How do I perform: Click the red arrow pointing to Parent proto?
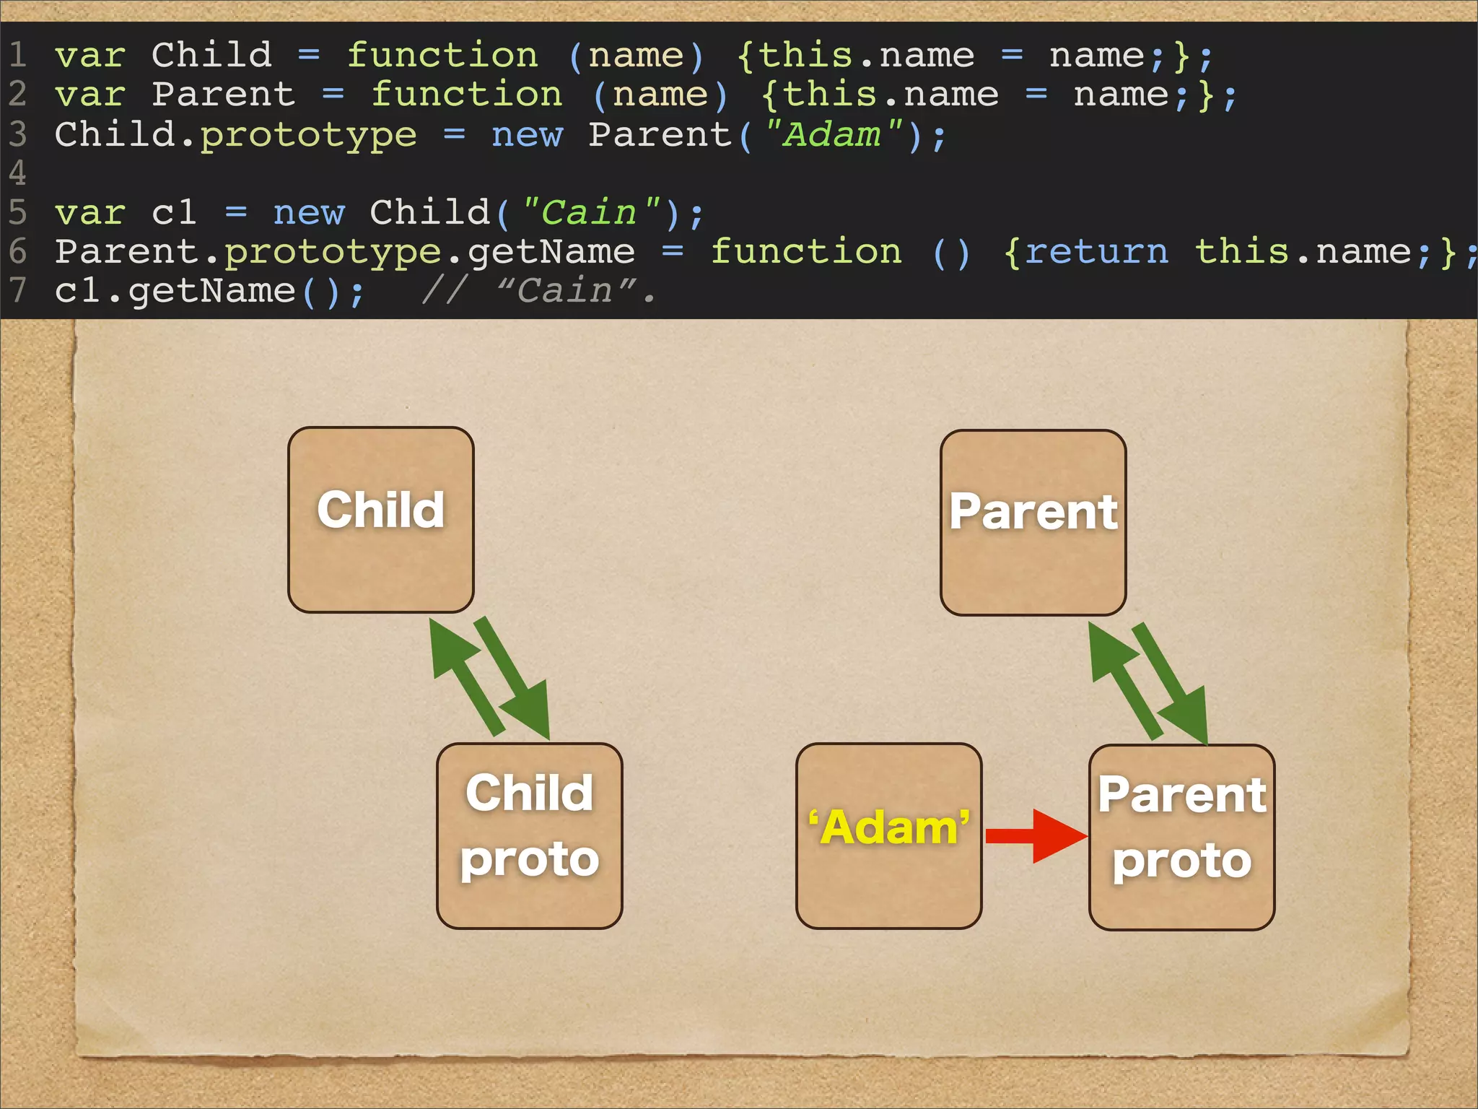[x=1036, y=836]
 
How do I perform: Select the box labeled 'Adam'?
[x=888, y=835]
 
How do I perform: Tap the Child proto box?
[x=529, y=835]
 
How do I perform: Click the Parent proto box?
[x=1181, y=837]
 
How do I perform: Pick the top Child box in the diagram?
[x=380, y=519]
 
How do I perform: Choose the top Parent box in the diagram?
[x=1033, y=522]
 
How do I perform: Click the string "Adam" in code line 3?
[x=834, y=135]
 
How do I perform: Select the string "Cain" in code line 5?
[x=590, y=213]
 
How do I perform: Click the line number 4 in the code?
[x=17, y=173]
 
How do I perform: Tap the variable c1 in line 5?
[x=174, y=213]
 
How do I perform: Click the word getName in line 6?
[x=551, y=252]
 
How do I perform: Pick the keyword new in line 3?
[x=527, y=135]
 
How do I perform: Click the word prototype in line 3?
[x=308, y=135]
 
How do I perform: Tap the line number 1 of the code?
[x=17, y=56]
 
